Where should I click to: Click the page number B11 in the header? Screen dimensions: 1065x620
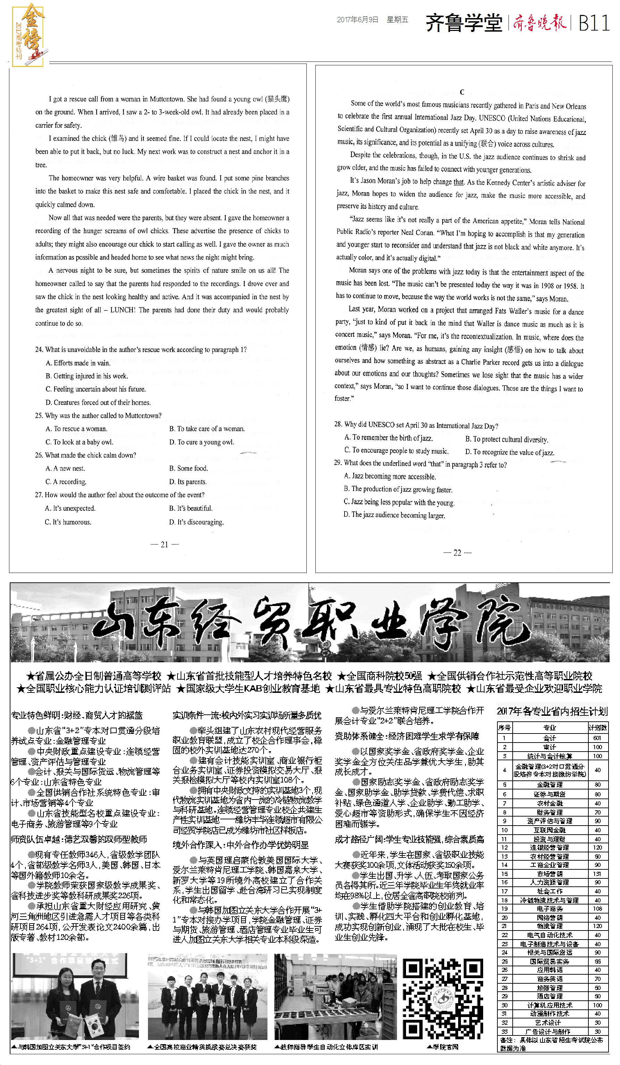point(594,23)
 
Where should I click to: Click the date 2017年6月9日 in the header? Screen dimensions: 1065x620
point(357,19)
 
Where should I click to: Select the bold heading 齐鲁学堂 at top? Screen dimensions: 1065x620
point(464,23)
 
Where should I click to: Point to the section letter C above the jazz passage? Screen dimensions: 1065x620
point(462,92)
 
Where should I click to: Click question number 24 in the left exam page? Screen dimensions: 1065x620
point(39,350)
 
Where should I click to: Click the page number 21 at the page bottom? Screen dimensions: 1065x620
point(164,545)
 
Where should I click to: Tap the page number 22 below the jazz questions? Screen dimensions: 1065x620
point(457,553)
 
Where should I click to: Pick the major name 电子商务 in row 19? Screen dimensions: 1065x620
point(549,909)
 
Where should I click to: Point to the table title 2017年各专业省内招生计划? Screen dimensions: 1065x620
point(552,711)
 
